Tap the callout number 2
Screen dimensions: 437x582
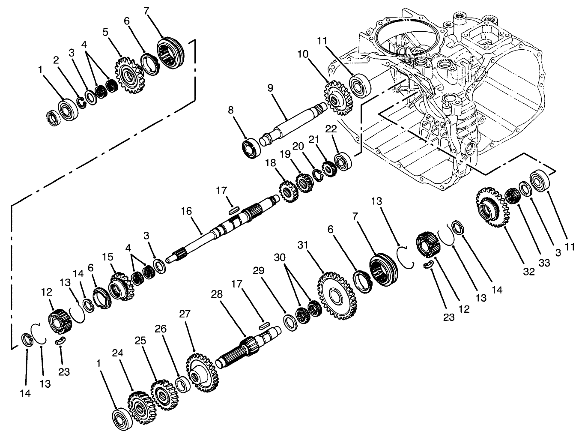(56, 61)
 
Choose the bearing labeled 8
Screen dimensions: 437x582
(251, 148)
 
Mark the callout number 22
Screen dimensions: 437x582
(331, 129)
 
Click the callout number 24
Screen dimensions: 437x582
(118, 353)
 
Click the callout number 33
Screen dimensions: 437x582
(544, 263)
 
